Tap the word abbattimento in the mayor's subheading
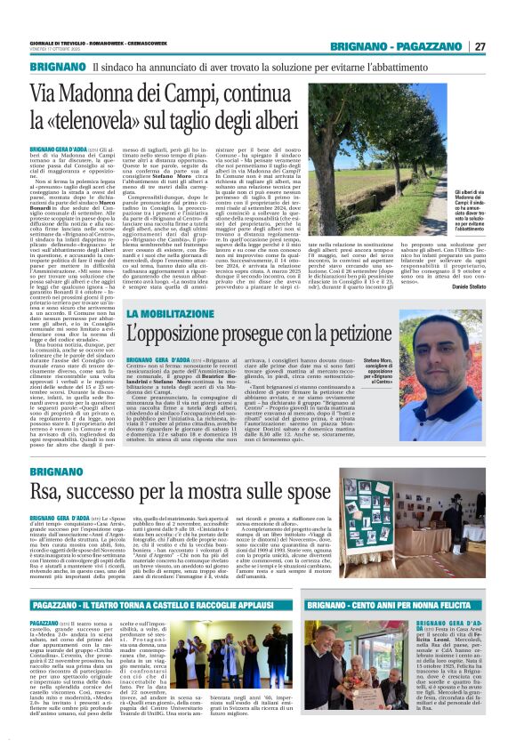pyautogui.click(x=431, y=67)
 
